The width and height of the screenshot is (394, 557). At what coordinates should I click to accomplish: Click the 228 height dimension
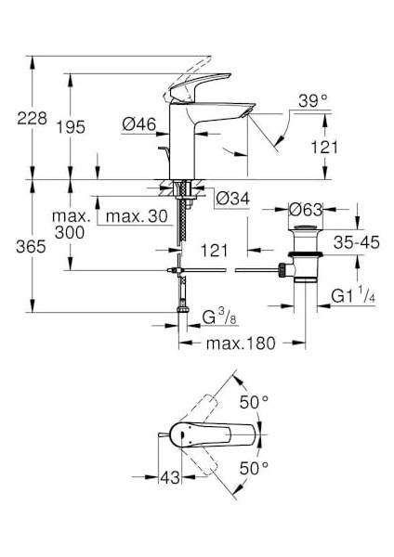tap(32, 118)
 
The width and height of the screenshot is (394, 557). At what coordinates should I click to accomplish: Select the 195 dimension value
tap(72, 127)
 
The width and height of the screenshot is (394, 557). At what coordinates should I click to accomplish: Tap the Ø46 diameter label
tap(139, 124)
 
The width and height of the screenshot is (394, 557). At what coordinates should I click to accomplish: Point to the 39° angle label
tap(313, 100)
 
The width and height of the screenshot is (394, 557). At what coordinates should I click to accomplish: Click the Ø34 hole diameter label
tap(233, 199)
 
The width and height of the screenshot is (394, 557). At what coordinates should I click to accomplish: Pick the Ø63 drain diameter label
tap(306, 210)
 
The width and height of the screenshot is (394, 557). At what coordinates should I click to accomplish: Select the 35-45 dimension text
tap(357, 242)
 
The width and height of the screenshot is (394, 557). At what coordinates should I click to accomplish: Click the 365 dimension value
tap(31, 247)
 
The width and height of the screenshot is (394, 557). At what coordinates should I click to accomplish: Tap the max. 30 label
tap(137, 216)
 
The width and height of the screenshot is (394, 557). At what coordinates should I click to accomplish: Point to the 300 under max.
tap(70, 233)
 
